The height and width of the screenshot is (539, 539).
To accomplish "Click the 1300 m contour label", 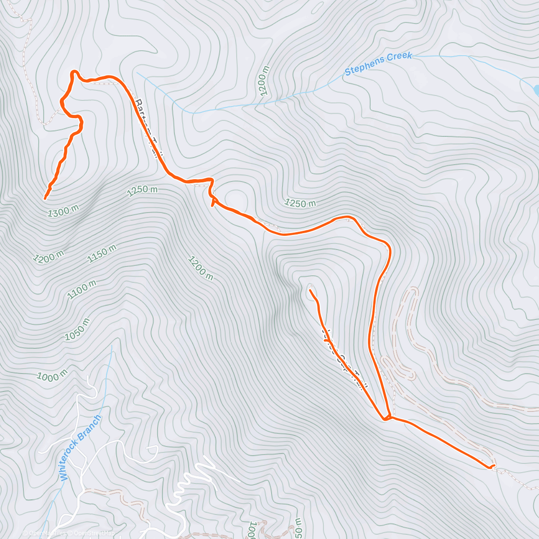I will coord(63,211).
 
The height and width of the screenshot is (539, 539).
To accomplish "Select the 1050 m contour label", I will coord(77,329).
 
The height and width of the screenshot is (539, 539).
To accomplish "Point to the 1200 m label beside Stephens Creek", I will coord(264,81).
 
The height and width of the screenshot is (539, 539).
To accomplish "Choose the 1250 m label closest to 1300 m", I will coord(142,190).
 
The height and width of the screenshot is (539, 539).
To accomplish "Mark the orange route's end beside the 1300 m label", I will coord(45,198).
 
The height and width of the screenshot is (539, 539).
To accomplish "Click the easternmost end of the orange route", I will coord(494,466).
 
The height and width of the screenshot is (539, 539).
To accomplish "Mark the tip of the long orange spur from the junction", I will coord(310,291).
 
